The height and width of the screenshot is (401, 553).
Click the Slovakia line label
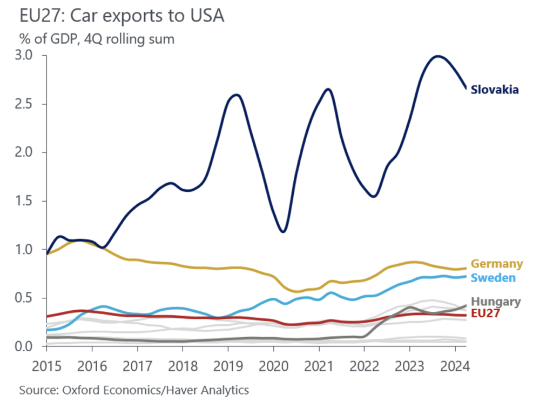click(495, 90)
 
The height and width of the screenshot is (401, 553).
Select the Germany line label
click(497, 264)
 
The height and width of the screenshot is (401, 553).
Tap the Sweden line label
click(493, 278)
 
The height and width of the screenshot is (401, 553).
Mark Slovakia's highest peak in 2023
click(438, 56)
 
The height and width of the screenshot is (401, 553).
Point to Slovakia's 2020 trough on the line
click(283, 232)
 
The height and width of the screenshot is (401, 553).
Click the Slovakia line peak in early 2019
click(236, 95)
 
